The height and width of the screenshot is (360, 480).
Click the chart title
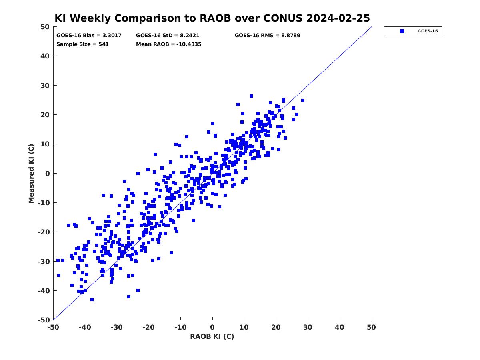(x=212, y=18)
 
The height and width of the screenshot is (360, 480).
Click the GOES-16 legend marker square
(x=402, y=31)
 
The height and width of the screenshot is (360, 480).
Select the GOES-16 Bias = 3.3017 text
(x=89, y=36)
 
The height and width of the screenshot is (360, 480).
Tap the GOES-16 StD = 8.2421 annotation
(x=168, y=36)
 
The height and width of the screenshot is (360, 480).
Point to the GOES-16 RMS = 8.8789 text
(x=267, y=36)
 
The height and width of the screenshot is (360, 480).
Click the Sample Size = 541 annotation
(x=82, y=44)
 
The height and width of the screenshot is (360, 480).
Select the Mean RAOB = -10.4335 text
(x=169, y=44)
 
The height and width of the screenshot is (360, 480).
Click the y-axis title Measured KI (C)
(x=31, y=173)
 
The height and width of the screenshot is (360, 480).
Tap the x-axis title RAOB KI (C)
(x=212, y=336)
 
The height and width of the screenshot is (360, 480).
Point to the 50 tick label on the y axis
(x=45, y=27)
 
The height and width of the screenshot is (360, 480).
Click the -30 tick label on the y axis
(x=44, y=262)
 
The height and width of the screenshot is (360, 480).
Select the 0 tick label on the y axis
(x=48, y=174)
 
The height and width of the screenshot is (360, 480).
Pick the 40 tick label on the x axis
(x=340, y=327)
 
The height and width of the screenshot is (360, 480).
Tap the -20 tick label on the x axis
(x=148, y=327)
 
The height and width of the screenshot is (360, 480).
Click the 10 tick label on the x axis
(x=244, y=327)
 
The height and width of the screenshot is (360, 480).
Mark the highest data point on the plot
(x=251, y=96)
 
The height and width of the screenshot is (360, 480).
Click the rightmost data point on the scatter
(x=303, y=100)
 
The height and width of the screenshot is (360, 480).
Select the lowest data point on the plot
(x=92, y=300)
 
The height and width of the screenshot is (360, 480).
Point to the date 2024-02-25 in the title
(x=338, y=18)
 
